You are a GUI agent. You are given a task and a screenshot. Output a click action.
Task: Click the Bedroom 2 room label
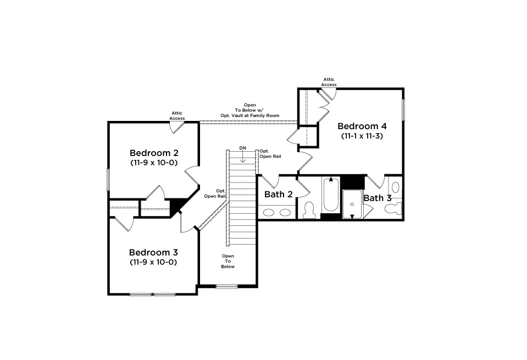click(154, 153)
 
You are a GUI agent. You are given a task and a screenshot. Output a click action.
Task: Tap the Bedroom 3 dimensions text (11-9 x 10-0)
click(153, 262)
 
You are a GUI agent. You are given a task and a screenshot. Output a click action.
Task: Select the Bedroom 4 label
click(362, 126)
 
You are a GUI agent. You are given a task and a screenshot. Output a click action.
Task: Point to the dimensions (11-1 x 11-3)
click(362, 136)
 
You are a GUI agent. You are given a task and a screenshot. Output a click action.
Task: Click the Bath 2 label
click(278, 194)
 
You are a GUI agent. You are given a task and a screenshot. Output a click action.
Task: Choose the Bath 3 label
click(378, 198)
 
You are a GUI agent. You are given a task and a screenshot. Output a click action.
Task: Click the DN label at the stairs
click(243, 148)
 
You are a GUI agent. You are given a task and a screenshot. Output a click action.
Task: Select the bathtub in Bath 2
click(331, 195)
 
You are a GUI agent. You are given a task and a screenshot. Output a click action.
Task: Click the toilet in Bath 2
click(308, 210)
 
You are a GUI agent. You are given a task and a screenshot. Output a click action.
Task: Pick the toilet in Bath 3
click(393, 208)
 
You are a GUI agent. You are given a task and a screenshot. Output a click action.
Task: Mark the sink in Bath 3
click(396, 187)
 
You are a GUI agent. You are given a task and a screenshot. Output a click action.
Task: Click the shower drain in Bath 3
click(352, 204)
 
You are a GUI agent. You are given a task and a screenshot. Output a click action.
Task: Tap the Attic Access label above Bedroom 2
click(177, 115)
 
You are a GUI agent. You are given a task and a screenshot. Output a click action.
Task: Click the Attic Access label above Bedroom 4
click(329, 82)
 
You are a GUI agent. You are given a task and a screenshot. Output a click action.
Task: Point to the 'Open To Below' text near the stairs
click(228, 261)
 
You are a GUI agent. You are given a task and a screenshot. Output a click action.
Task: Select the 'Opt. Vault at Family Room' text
click(249, 115)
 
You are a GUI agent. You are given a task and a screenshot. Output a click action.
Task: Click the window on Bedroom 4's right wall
click(403, 109)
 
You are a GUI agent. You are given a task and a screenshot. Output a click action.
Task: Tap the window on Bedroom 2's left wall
click(108, 179)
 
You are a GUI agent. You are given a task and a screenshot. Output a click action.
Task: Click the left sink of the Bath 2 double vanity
click(269, 213)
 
